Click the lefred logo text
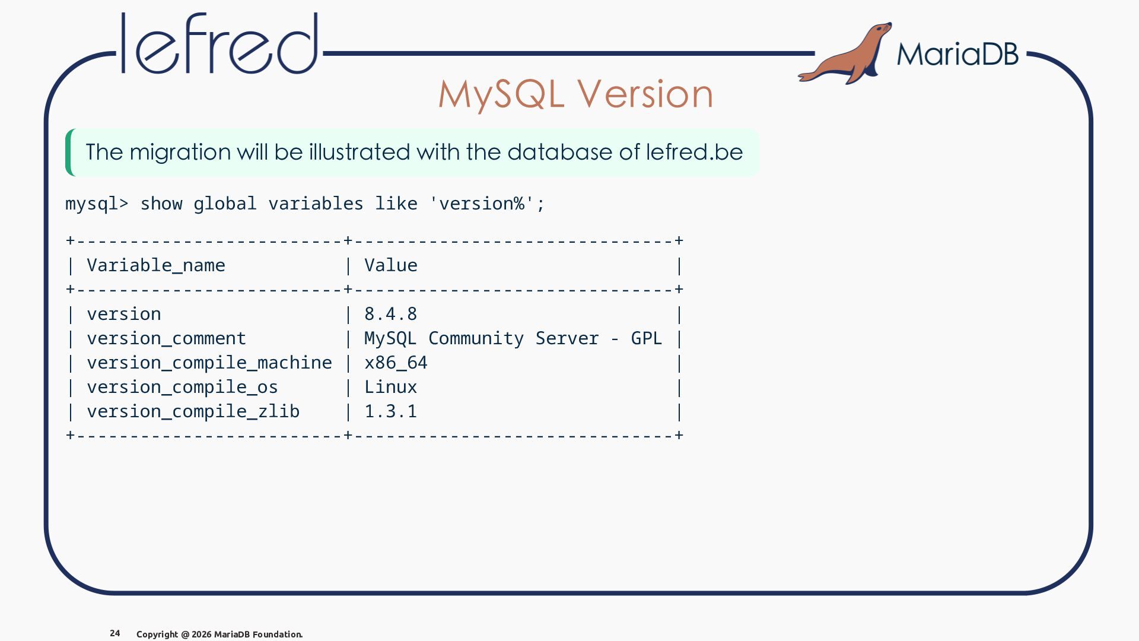[x=219, y=43]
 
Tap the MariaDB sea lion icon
[x=845, y=53]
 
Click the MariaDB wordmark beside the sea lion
[x=957, y=54]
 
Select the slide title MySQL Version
[x=575, y=94]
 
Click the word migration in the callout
[x=180, y=153]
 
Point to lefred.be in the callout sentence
[x=694, y=152]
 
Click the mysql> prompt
[x=97, y=204]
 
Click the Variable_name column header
[x=156, y=265]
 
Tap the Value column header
[x=391, y=265]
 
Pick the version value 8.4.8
[x=391, y=314]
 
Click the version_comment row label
[x=167, y=338]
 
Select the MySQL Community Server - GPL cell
[x=513, y=338]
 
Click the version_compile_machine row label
[x=209, y=363]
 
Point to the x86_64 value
[x=396, y=363]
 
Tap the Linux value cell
[x=391, y=387]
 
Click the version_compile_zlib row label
[x=193, y=411]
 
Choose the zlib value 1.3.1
[x=391, y=411]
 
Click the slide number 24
[x=115, y=633]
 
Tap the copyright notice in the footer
[x=219, y=634]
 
